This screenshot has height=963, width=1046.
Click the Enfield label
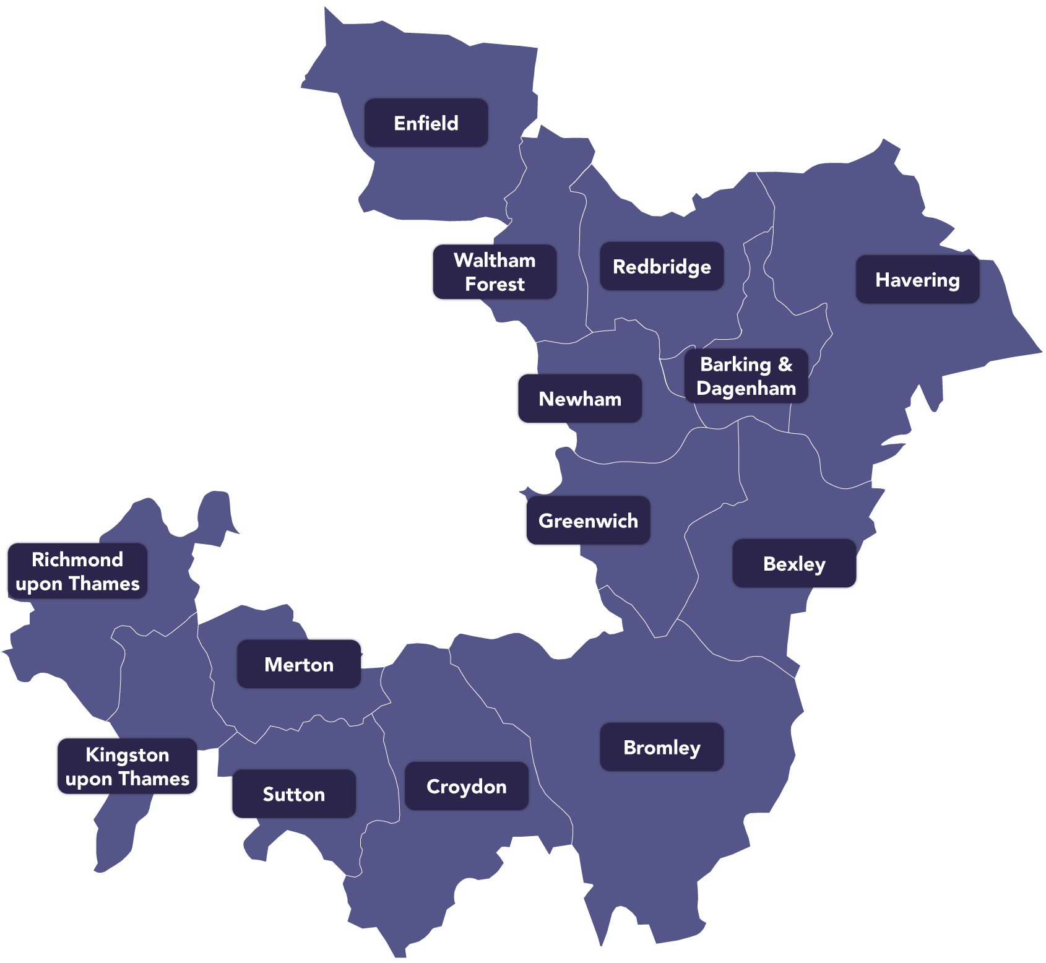pos(426,123)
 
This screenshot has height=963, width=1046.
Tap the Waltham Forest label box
pos(494,272)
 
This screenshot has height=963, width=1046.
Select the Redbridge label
pos(662,267)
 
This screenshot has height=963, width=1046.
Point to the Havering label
pos(917,280)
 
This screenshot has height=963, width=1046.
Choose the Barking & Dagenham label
pos(746,376)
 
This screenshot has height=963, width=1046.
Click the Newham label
pos(579,399)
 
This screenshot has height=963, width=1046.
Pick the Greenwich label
pos(587,521)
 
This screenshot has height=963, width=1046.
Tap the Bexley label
pos(795,564)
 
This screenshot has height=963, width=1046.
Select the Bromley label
pos(662,748)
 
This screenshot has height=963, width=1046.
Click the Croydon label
pos(467,787)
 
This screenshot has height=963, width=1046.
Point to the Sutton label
pos(293,795)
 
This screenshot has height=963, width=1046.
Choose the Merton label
pos(299,665)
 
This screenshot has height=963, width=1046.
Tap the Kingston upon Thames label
pos(128,767)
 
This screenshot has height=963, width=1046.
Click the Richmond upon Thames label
pos(77,571)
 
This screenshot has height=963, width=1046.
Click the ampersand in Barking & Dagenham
pos(785,365)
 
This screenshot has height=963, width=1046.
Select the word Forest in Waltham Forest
pos(495,285)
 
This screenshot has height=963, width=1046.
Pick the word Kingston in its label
pos(128,755)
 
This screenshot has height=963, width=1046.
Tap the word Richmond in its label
pos(77,559)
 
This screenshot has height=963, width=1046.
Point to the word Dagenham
pos(746,389)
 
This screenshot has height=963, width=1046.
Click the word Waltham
pos(495,261)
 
